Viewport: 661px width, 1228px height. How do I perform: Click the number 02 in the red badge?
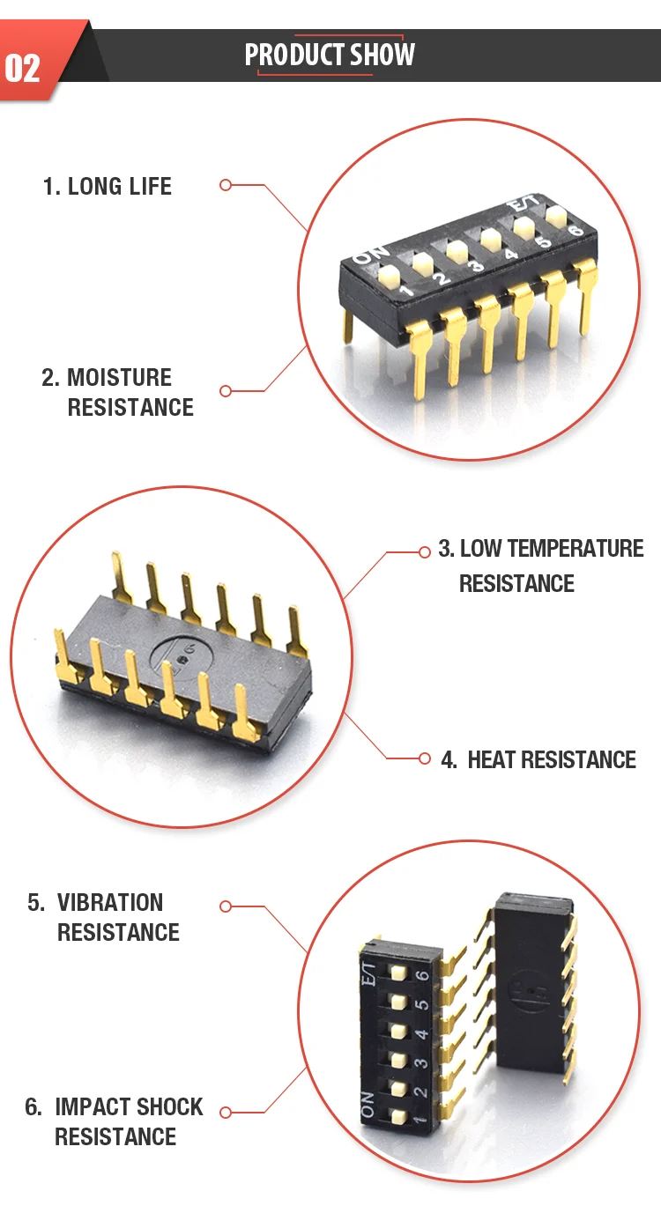click(x=23, y=68)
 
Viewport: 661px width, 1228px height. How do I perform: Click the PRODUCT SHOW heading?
click(x=330, y=55)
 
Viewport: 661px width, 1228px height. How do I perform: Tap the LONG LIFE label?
click(x=108, y=186)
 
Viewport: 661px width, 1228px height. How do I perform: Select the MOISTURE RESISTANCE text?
click(x=118, y=392)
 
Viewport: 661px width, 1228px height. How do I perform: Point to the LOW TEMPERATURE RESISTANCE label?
click(x=541, y=566)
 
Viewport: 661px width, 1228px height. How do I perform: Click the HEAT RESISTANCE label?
click(x=538, y=759)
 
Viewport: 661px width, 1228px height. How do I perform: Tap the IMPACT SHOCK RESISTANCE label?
click(x=114, y=1121)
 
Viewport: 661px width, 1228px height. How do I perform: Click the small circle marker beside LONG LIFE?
click(x=225, y=185)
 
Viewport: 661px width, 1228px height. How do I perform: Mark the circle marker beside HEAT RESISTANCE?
click(x=424, y=758)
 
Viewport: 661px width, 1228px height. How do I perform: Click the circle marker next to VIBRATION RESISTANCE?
click(x=225, y=906)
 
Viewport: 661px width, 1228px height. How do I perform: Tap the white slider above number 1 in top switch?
click(x=389, y=276)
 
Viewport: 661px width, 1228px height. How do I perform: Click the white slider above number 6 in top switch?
click(x=556, y=214)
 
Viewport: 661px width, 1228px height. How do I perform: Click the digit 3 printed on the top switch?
click(x=475, y=266)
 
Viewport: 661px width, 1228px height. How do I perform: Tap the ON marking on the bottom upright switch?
click(x=368, y=1104)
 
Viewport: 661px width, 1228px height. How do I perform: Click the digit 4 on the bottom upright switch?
click(x=421, y=1034)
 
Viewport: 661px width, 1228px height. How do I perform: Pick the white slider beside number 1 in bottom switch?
click(x=397, y=1117)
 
